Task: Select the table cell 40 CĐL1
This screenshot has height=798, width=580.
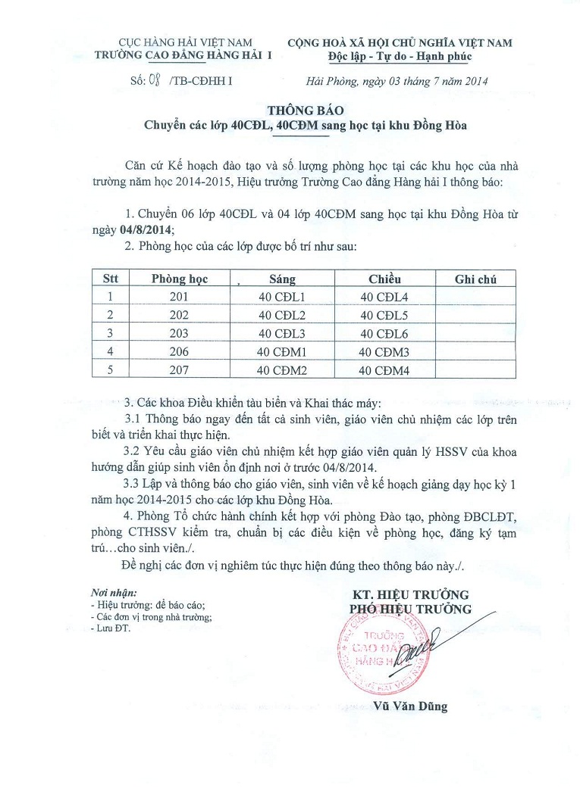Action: pos(281,297)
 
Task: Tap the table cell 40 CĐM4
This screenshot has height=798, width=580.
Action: pos(384,370)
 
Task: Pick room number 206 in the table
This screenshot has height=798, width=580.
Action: pos(179,352)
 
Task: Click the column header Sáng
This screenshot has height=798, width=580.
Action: pos(282,279)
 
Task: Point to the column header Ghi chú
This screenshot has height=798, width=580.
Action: pos(475,279)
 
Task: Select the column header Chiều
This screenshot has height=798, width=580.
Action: pos(384,279)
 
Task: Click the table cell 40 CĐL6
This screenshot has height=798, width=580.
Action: pos(384,334)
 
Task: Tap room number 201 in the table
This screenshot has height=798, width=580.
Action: pos(179,297)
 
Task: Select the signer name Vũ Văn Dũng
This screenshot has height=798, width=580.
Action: pos(411,706)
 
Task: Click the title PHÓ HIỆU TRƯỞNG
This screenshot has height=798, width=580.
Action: pos(410,609)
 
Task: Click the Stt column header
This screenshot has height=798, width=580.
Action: pos(111,279)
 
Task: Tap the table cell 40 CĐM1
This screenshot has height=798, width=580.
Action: pos(281,352)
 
